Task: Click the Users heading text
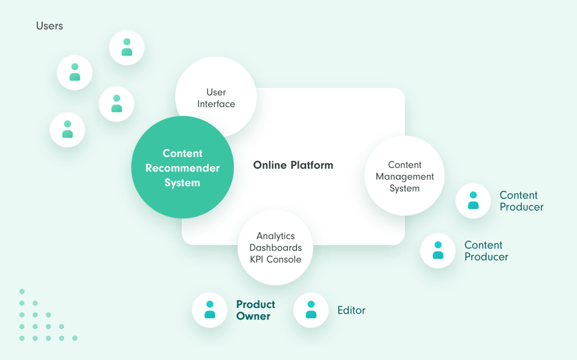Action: (49, 26)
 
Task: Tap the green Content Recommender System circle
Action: (182, 168)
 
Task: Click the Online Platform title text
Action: (293, 165)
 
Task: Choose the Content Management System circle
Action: (404, 176)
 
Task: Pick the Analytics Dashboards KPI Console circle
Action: (276, 248)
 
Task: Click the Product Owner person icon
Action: (209, 310)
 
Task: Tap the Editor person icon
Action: (311, 310)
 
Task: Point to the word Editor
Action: (351, 310)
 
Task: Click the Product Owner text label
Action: (255, 310)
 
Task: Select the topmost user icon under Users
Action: (127, 47)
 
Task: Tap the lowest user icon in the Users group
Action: (68, 129)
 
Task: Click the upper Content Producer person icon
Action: (473, 201)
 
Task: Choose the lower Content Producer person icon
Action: (438, 250)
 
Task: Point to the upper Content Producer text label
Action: (521, 201)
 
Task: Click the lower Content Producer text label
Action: (486, 251)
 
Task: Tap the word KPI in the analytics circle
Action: (261, 259)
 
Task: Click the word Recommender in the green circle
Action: (182, 168)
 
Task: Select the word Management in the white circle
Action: (404, 176)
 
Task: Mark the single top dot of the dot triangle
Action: (22, 291)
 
